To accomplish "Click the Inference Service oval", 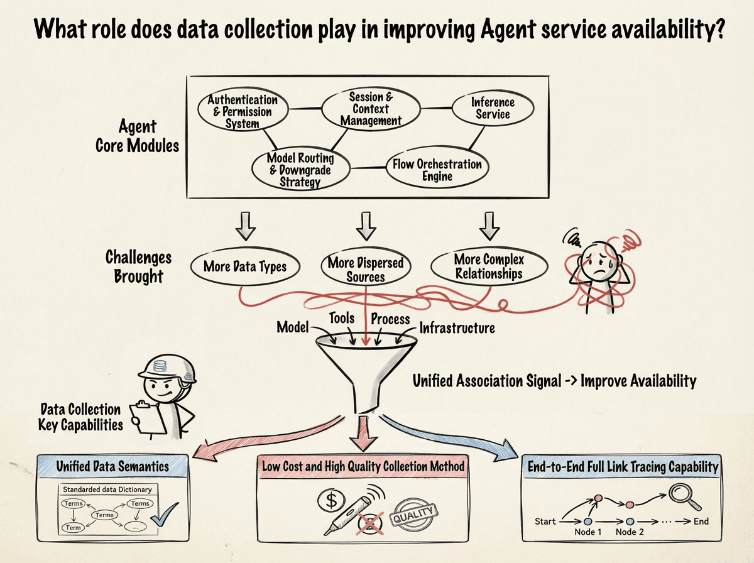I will tap(493, 108).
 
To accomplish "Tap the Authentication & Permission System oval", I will tap(242, 111).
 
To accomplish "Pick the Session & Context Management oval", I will tap(371, 109).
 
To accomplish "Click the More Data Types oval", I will tap(244, 266).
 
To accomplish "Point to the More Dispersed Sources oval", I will tap(365, 268).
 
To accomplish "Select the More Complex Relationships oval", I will tap(489, 266).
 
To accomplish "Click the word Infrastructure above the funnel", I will tap(457, 327).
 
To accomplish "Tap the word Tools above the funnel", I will tap(342, 318).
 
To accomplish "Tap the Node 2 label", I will tap(629, 532).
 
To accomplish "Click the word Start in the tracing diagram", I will tap(545, 521).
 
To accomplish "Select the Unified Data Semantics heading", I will tap(112, 466).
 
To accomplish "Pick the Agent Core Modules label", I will tap(137, 137).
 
